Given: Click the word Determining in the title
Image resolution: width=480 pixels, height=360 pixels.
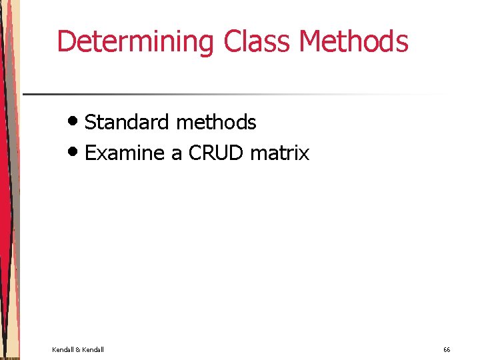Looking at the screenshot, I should tap(137, 41).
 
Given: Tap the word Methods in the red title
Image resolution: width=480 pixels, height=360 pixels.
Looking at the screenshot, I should tap(353, 41).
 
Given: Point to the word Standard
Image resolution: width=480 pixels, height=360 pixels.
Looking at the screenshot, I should tap(127, 122).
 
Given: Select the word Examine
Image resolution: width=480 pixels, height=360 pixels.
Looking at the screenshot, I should tap(125, 153).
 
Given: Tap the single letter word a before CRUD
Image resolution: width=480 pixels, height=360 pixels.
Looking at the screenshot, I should tap(177, 154).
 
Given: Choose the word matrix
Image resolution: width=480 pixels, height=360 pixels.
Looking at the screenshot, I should tap(280, 153).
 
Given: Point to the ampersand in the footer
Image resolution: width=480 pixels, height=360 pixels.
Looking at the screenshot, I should tap(78, 349).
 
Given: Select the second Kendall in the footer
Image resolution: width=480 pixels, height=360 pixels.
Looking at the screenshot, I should tap(93, 349).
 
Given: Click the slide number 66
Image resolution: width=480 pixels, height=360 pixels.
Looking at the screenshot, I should tap(447, 349).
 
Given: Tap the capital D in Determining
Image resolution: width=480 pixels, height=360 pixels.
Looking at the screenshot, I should tap(65, 41).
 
